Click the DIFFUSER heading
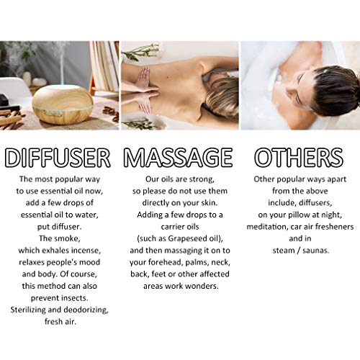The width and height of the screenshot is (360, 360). (58, 158)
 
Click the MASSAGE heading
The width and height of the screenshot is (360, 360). (178, 157)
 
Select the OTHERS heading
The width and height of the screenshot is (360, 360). (299, 157)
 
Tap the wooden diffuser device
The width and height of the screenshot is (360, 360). (63, 104)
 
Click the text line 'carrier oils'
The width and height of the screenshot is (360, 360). (180, 227)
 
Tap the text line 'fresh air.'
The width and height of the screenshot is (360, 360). (60, 322)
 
